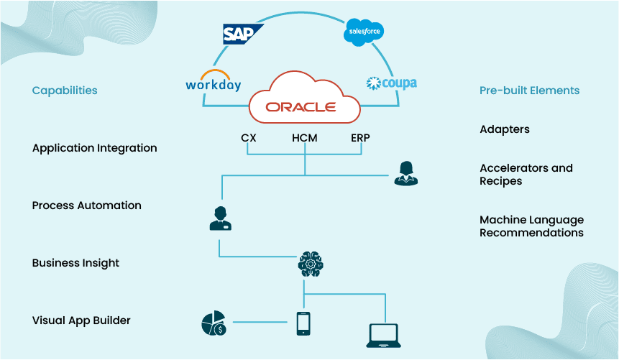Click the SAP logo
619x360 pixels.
coord(243,34)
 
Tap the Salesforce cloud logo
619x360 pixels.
coord(364,32)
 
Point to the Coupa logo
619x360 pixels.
coord(391,83)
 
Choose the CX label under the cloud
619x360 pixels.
coord(249,138)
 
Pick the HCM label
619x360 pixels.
coord(304,138)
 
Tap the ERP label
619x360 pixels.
coord(360,138)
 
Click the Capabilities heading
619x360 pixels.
coord(65,91)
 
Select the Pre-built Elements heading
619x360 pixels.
coord(529,91)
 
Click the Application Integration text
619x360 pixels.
coord(94,148)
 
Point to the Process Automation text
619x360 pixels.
coord(86,206)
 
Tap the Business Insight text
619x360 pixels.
coord(75,263)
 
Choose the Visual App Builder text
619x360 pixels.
coord(81,320)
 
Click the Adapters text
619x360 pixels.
coord(505,129)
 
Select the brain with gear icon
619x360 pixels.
coord(311,264)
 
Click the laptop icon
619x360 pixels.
coord(384,335)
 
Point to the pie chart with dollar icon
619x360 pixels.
coord(214,323)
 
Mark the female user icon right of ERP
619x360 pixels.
coord(405,173)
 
